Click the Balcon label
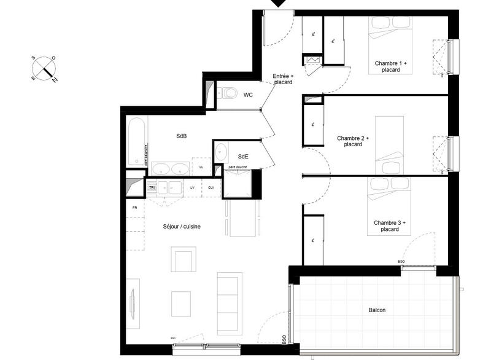(x=377, y=310)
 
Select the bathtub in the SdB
(x=137, y=141)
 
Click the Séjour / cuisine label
(x=182, y=226)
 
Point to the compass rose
(x=44, y=68)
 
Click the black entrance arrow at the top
(x=279, y=4)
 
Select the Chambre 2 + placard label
(x=353, y=141)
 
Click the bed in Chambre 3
(x=389, y=205)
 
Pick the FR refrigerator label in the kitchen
(x=134, y=208)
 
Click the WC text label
(x=248, y=95)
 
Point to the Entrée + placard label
(x=283, y=79)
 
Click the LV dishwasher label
(x=192, y=187)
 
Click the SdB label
(x=182, y=136)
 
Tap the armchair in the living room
(x=184, y=259)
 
